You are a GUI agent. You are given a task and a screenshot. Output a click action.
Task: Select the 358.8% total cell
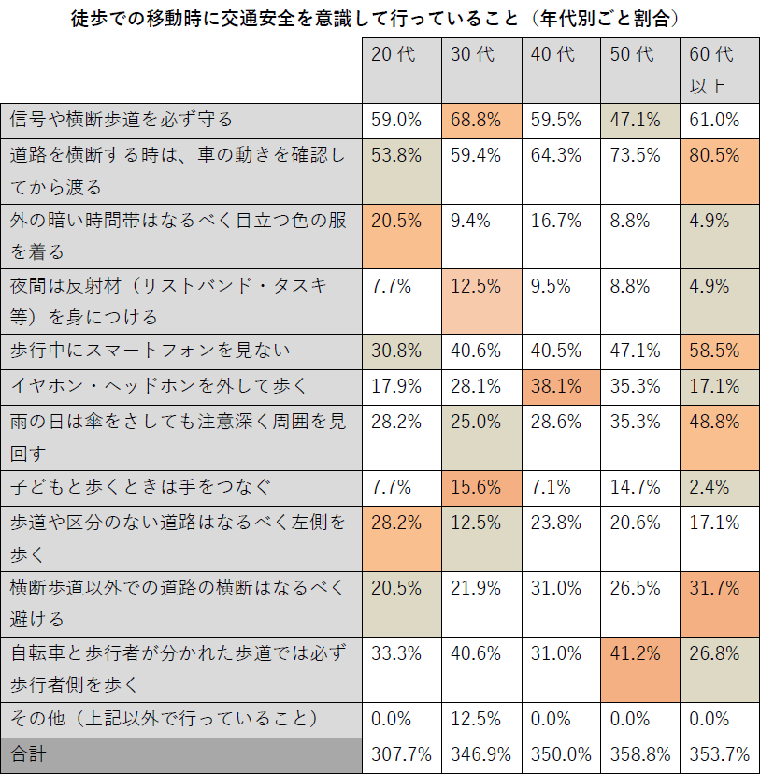click(x=638, y=753)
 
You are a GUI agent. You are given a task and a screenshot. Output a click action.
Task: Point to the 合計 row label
click(x=28, y=753)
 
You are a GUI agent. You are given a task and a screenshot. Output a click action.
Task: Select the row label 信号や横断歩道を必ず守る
click(x=122, y=120)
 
